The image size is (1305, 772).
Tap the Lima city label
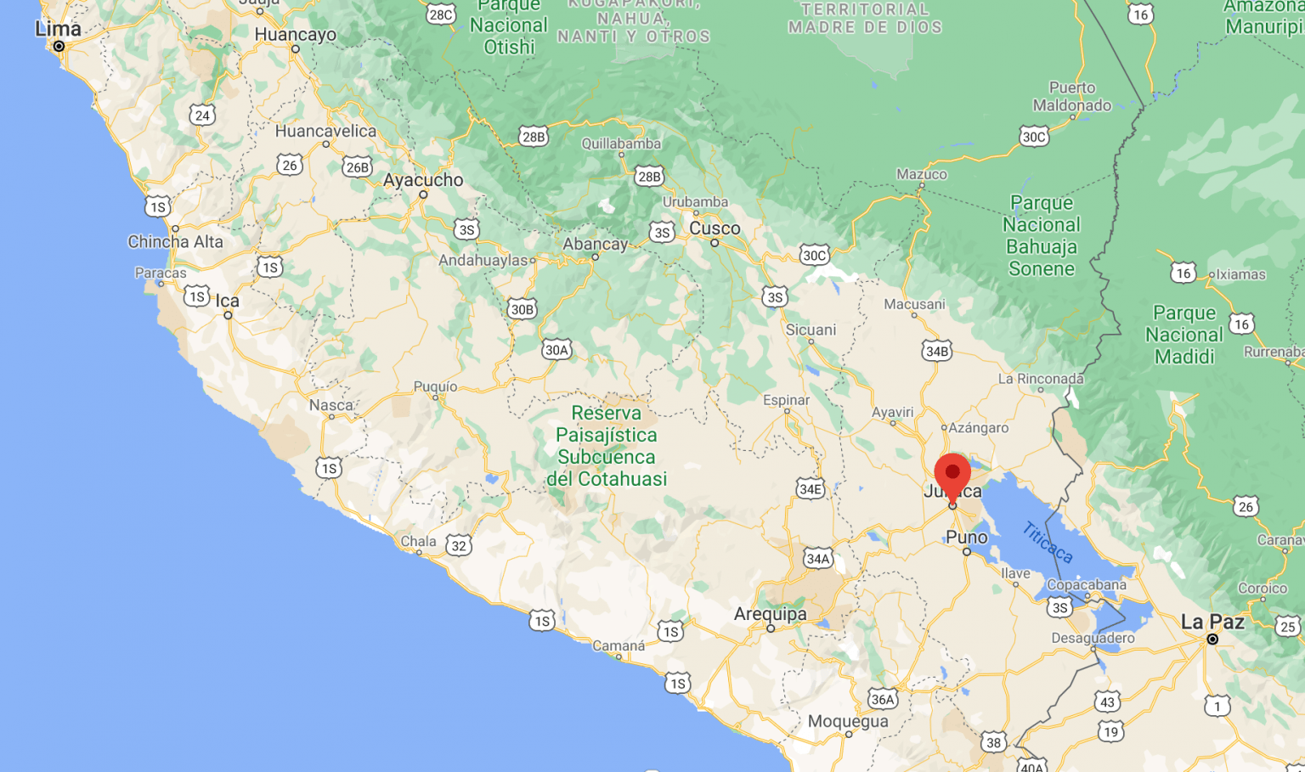pyautogui.click(x=58, y=29)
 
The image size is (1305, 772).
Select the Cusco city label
pyautogui.click(x=715, y=228)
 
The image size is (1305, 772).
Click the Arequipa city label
pyautogui.click(x=771, y=613)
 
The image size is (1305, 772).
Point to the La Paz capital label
pyautogui.click(x=1212, y=622)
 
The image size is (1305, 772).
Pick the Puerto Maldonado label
pyautogui.click(x=1072, y=97)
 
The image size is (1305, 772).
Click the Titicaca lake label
pyautogui.click(x=1048, y=543)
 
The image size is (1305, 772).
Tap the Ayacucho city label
pyautogui.click(x=423, y=180)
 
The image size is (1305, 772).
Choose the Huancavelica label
pyautogui.click(x=325, y=131)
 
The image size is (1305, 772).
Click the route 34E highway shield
pyautogui.click(x=811, y=488)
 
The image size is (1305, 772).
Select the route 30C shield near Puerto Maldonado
pyautogui.click(x=1034, y=137)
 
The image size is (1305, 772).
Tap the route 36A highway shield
pyautogui.click(x=882, y=699)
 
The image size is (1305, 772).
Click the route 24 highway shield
pyautogui.click(x=201, y=116)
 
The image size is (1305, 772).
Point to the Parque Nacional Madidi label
pyautogui.click(x=1184, y=335)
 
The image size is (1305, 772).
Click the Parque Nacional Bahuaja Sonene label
pyautogui.click(x=1042, y=236)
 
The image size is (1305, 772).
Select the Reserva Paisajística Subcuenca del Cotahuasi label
pyautogui.click(x=606, y=446)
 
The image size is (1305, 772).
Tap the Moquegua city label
pyautogui.click(x=848, y=721)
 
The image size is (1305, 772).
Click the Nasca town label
pyautogui.click(x=331, y=405)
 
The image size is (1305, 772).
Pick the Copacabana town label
pyautogui.click(x=1087, y=585)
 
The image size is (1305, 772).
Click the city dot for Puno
pyautogui.click(x=967, y=552)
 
